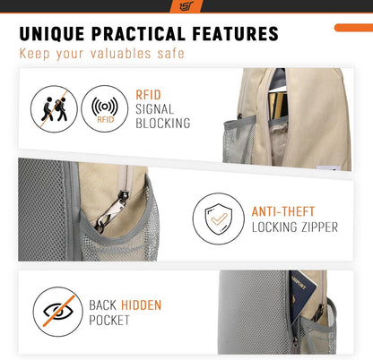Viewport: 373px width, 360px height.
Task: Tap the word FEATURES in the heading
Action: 235,33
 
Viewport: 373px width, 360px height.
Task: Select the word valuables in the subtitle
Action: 120,54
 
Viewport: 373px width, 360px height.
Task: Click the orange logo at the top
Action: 186,6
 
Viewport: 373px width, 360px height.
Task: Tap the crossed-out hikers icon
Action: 54,109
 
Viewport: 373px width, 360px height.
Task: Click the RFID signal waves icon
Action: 105,109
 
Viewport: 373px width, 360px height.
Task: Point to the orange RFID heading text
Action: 148,95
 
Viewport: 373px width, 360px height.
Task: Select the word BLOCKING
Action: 163,123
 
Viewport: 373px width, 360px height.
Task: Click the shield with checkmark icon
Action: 219,219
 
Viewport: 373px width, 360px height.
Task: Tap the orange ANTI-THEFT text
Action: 283,211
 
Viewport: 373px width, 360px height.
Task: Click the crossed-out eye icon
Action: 58,312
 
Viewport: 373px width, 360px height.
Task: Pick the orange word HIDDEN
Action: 141,305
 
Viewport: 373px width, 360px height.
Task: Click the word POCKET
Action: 109,321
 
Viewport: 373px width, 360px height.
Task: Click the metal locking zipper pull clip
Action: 112,210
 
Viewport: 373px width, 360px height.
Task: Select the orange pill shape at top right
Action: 353,28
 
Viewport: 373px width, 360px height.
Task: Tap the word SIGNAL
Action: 154,109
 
